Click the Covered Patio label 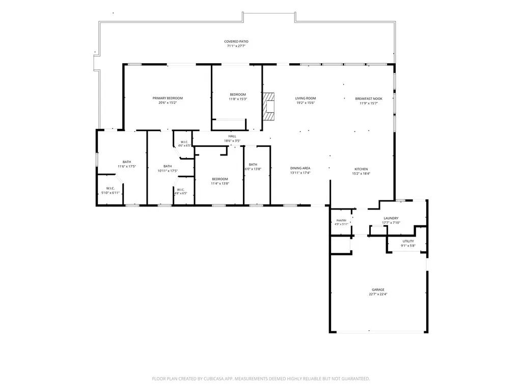[x=236, y=42]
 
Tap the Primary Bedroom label [x=168, y=98]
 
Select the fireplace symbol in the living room [x=269, y=107]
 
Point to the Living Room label [x=305, y=98]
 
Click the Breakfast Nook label [x=369, y=99]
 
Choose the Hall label [x=232, y=136]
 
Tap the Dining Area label [x=300, y=168]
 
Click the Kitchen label [x=361, y=169]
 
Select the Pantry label [x=341, y=221]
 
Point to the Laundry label [x=391, y=218]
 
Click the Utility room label [x=408, y=241]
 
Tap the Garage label [x=378, y=290]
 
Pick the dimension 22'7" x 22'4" [x=378, y=294]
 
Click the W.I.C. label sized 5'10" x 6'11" [x=110, y=189]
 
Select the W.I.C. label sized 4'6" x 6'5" [x=184, y=142]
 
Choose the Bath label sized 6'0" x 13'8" [x=253, y=165]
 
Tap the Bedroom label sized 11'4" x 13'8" [x=219, y=179]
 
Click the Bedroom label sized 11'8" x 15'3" [x=238, y=95]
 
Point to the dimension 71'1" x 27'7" [x=236, y=46]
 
